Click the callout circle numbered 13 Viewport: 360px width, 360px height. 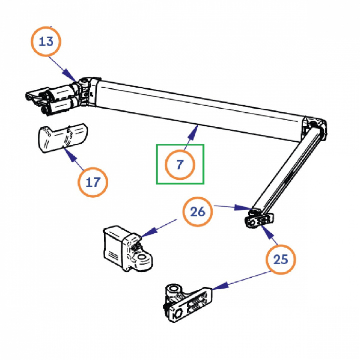(x=46, y=42)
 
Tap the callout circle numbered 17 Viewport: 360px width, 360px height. (x=93, y=182)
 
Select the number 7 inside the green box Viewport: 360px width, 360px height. (x=180, y=164)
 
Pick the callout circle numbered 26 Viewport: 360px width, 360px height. (x=198, y=212)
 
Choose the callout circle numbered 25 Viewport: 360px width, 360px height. (x=281, y=259)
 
